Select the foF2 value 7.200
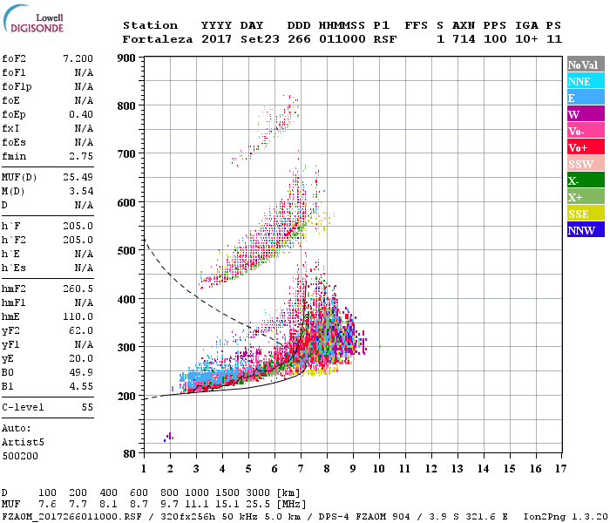(x=77, y=58)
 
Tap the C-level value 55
(x=87, y=407)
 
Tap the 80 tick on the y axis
(x=129, y=454)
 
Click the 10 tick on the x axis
(x=379, y=469)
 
